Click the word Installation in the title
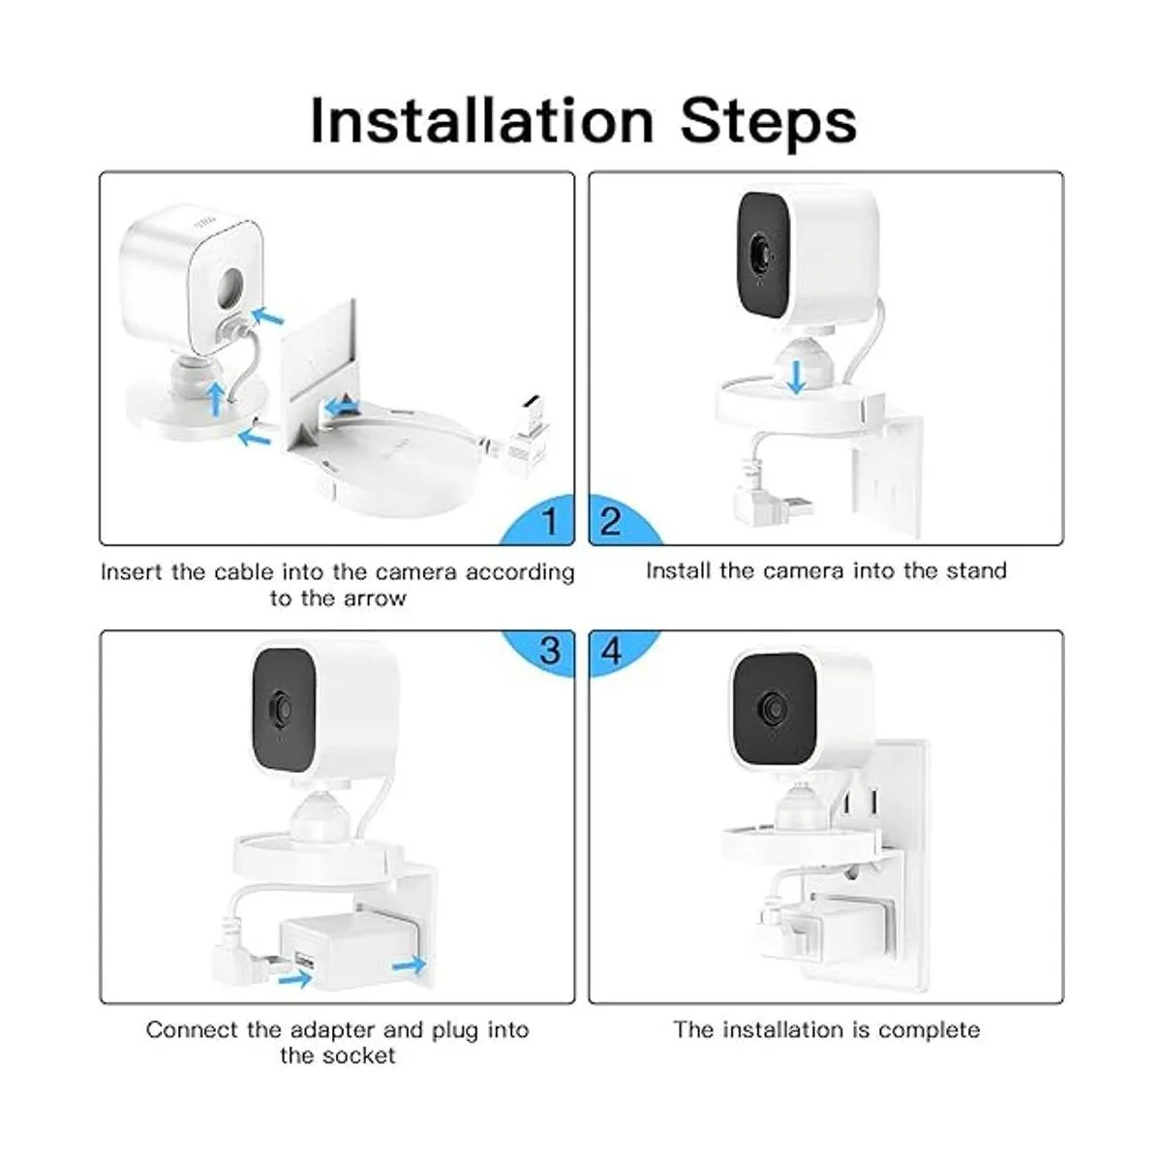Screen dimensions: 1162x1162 [x=482, y=121]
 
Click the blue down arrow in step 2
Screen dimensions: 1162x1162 [x=797, y=377]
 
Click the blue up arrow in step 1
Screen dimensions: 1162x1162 [x=215, y=399]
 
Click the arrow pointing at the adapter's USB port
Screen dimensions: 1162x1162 [x=294, y=977]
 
